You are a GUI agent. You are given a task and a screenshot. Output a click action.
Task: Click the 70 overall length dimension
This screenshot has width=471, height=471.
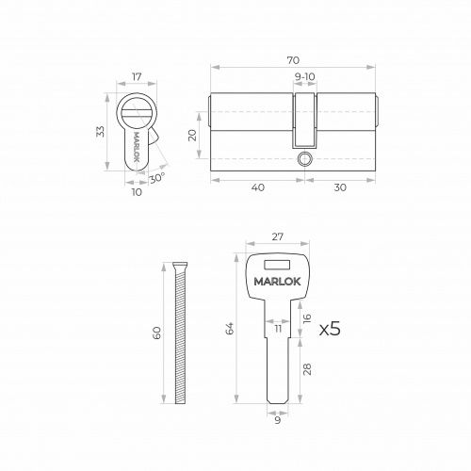[293, 60]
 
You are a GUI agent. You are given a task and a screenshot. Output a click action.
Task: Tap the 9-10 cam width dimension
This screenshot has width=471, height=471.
[304, 76]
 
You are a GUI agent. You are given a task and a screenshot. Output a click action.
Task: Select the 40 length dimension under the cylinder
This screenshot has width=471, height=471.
[258, 187]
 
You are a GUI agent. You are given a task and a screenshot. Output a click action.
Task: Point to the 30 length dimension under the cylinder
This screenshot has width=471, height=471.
[340, 187]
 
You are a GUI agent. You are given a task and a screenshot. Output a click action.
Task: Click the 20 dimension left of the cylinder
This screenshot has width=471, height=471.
[192, 135]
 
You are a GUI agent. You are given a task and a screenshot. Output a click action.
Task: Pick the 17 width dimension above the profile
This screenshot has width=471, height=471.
[137, 77]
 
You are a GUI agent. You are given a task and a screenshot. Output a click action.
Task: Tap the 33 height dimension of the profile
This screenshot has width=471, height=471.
[100, 131]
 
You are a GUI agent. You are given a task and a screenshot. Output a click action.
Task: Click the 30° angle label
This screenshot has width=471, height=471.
[157, 178]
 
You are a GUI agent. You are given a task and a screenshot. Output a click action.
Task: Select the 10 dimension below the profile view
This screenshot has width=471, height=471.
[137, 192]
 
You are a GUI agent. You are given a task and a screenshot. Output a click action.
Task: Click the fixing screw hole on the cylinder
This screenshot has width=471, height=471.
[304, 159]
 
